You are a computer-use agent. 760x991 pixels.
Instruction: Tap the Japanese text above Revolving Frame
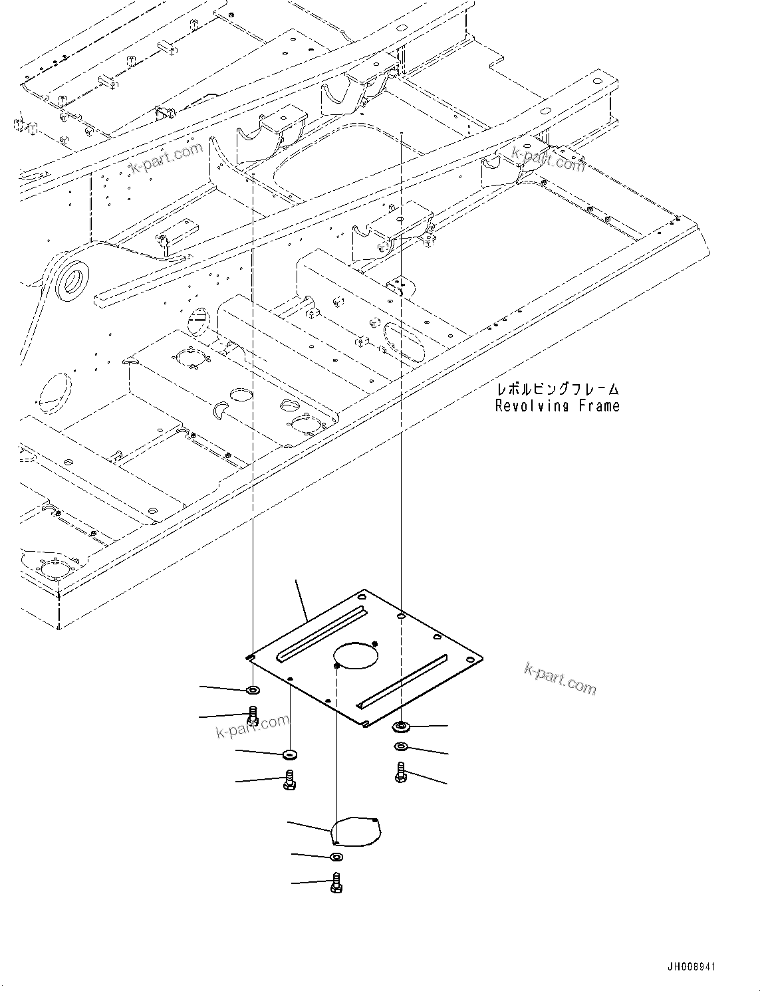coord(557,389)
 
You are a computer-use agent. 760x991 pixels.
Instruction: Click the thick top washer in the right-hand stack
coord(401,725)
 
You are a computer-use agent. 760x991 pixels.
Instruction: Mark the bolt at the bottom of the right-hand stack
coord(400,772)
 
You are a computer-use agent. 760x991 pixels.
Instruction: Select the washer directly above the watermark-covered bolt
coord(253,691)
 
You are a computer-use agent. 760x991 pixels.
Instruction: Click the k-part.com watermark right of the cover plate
coord(560,679)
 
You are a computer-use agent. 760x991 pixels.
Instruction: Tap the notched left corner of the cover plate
coord(249,657)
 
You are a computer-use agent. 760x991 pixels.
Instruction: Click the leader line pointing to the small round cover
coord(309,827)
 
